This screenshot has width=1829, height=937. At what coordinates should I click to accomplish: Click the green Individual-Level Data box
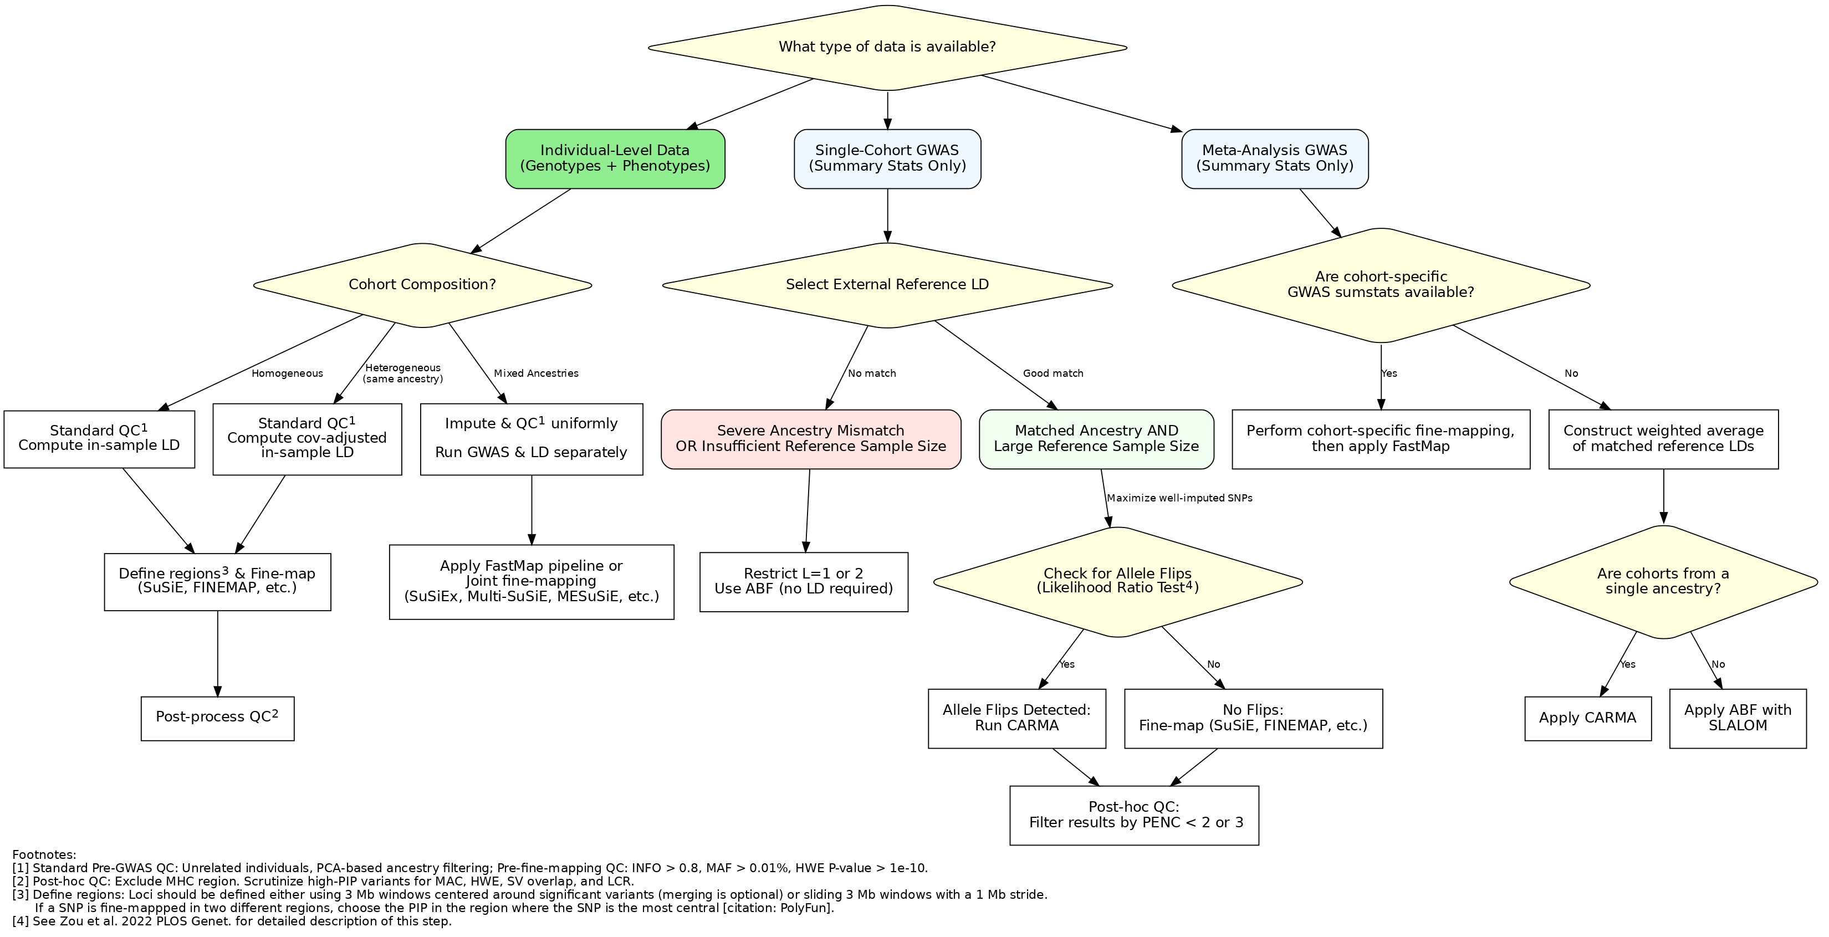pos(615,159)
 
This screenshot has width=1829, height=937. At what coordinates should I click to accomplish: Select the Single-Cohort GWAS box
pos(887,159)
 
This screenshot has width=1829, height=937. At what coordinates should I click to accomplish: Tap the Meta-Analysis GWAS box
pos(1274,159)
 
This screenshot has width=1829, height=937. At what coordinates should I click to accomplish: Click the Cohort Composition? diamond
pos(422,285)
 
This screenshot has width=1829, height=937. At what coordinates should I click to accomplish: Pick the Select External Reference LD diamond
pos(887,285)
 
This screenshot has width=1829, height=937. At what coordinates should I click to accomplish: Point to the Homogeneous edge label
pos(287,373)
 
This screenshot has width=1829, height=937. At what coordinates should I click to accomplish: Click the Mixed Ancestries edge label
pos(536,373)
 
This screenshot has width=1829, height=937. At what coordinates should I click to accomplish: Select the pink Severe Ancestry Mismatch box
pos(811,439)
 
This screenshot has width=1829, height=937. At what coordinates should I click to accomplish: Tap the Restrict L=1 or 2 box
pos(804,582)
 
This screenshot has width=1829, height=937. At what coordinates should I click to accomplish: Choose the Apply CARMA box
pos(1587,718)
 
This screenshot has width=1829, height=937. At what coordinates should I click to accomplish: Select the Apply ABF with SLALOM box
pos(1738,718)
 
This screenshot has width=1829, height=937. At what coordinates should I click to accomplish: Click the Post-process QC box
pos(217,718)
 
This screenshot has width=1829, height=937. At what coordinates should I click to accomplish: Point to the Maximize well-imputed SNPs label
pos(1179,498)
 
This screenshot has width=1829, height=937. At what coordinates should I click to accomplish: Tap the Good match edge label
pos(1053,373)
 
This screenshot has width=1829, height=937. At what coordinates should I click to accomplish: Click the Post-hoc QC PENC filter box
pos(1134,816)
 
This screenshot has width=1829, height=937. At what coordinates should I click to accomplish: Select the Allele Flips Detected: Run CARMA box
pos(1016,718)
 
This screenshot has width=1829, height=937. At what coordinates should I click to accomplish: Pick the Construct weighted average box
pos(1664,439)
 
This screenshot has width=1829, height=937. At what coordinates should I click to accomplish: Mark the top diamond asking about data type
pos(887,48)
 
